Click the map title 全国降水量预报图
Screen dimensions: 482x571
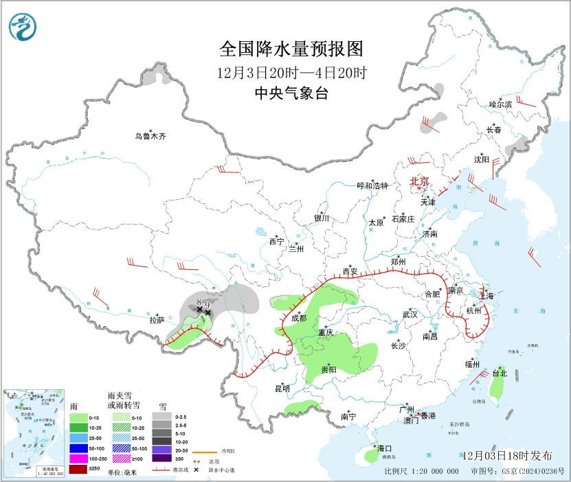click(290, 49)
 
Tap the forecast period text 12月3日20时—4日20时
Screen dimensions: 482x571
click(290, 73)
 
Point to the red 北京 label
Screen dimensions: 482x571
click(419, 181)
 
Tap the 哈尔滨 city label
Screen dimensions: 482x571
click(501, 104)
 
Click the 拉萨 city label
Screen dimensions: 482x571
click(157, 320)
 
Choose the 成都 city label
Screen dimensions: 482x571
click(299, 318)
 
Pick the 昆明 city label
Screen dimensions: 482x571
click(282, 389)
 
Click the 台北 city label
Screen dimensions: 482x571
click(499, 374)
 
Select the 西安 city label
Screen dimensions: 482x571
click(350, 272)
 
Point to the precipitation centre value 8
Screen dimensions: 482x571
click(199, 302)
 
